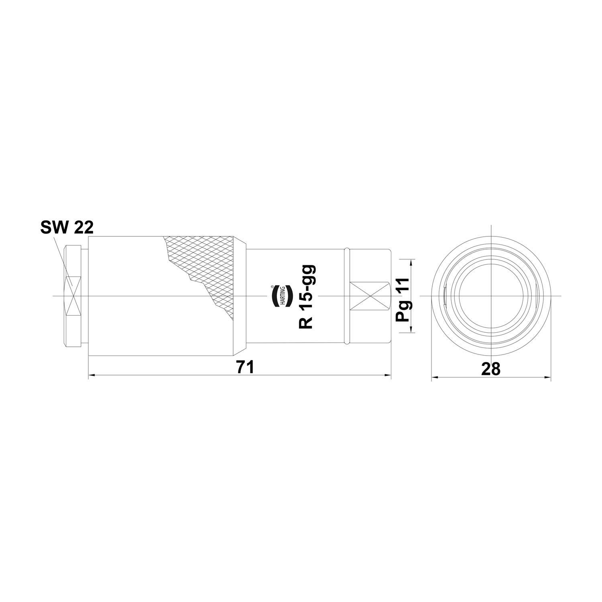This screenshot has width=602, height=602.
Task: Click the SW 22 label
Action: click(67, 228)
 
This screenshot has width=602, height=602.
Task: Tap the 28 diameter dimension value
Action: click(490, 369)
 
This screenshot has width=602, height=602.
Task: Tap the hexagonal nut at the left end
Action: click(73, 296)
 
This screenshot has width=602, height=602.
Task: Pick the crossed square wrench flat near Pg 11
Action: click(369, 296)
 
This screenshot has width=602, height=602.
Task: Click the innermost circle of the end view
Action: click(490, 296)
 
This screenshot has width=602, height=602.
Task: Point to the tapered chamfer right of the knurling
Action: click(240, 296)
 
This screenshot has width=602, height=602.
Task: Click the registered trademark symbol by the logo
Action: click(273, 287)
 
